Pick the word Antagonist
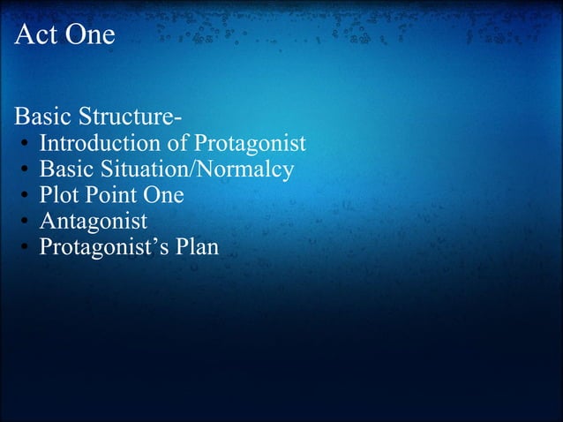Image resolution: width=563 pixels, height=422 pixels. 94,221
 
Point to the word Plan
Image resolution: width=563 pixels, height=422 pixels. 197,246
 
